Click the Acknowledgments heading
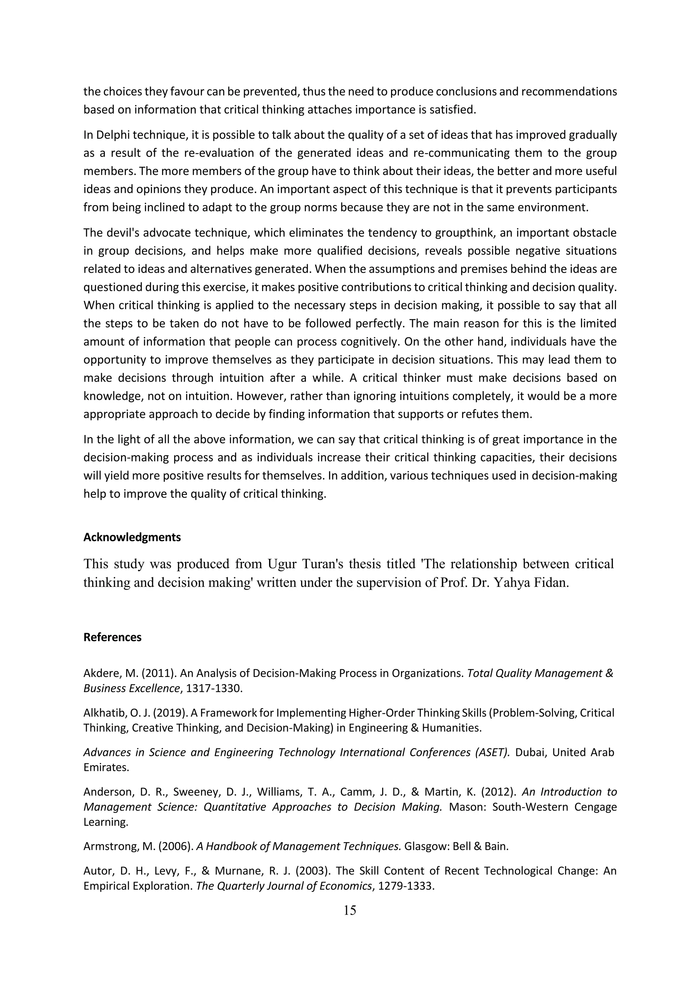[x=132, y=537]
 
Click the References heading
[x=112, y=637]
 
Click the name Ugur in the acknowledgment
[x=281, y=564]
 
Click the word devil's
[x=122, y=233]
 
